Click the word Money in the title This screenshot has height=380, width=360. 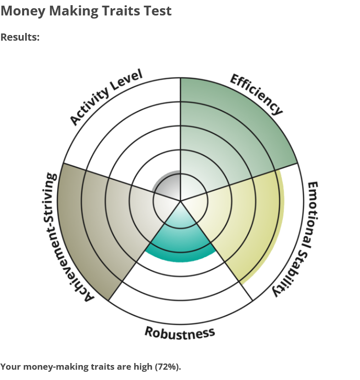click(x=23, y=11)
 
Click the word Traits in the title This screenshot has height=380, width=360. click(x=121, y=11)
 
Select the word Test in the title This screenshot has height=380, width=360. click(x=157, y=11)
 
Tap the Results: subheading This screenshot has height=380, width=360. click(x=20, y=37)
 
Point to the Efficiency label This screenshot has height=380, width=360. click(x=256, y=95)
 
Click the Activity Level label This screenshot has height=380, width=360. click(x=106, y=97)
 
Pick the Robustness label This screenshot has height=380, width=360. click(x=179, y=333)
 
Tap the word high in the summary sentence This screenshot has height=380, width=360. click(x=143, y=367)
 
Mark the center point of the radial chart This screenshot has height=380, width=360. click(x=181, y=201)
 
